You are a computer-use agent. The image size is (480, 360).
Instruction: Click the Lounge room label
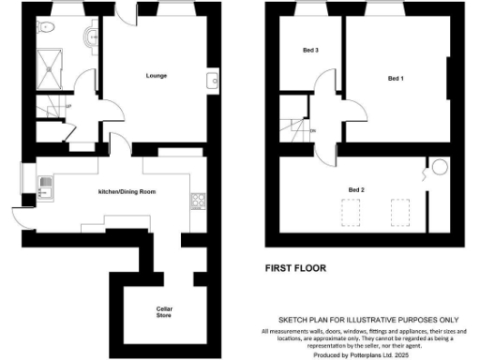[156, 76]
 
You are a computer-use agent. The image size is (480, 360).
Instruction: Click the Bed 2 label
[356, 190]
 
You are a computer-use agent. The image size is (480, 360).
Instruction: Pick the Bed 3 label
[310, 51]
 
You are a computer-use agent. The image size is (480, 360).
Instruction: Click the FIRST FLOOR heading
[294, 268]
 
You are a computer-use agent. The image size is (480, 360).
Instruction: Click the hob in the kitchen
[198, 199]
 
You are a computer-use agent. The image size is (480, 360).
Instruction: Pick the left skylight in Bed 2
[353, 212]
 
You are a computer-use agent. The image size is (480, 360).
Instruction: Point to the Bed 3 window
[308, 12]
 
